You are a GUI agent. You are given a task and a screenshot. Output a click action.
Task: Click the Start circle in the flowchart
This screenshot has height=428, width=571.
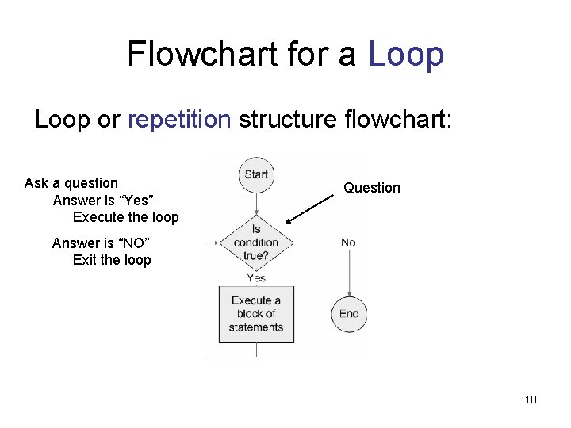(256, 174)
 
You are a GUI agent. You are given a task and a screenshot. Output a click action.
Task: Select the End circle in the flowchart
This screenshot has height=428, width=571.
(349, 314)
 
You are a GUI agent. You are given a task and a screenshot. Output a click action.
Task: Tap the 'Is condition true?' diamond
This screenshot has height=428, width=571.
(256, 242)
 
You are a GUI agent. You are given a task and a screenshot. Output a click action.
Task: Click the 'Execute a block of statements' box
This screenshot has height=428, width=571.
(256, 314)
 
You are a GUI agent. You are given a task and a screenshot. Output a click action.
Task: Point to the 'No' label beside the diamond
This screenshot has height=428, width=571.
(348, 242)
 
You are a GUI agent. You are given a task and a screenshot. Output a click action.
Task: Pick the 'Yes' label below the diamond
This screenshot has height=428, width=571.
(256, 278)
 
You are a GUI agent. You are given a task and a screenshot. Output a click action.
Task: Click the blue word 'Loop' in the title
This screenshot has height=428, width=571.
(406, 55)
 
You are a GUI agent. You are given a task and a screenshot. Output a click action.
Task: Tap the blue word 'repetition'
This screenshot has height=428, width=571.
(179, 120)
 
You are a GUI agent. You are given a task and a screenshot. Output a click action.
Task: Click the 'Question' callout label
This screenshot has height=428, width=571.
(372, 188)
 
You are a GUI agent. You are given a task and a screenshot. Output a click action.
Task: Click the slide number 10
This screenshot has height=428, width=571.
(531, 399)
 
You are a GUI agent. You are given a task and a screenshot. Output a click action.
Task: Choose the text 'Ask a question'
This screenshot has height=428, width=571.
(71, 183)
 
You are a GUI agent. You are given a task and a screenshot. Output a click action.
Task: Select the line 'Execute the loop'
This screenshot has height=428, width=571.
(126, 217)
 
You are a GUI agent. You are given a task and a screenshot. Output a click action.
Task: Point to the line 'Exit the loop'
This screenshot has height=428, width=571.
(112, 260)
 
